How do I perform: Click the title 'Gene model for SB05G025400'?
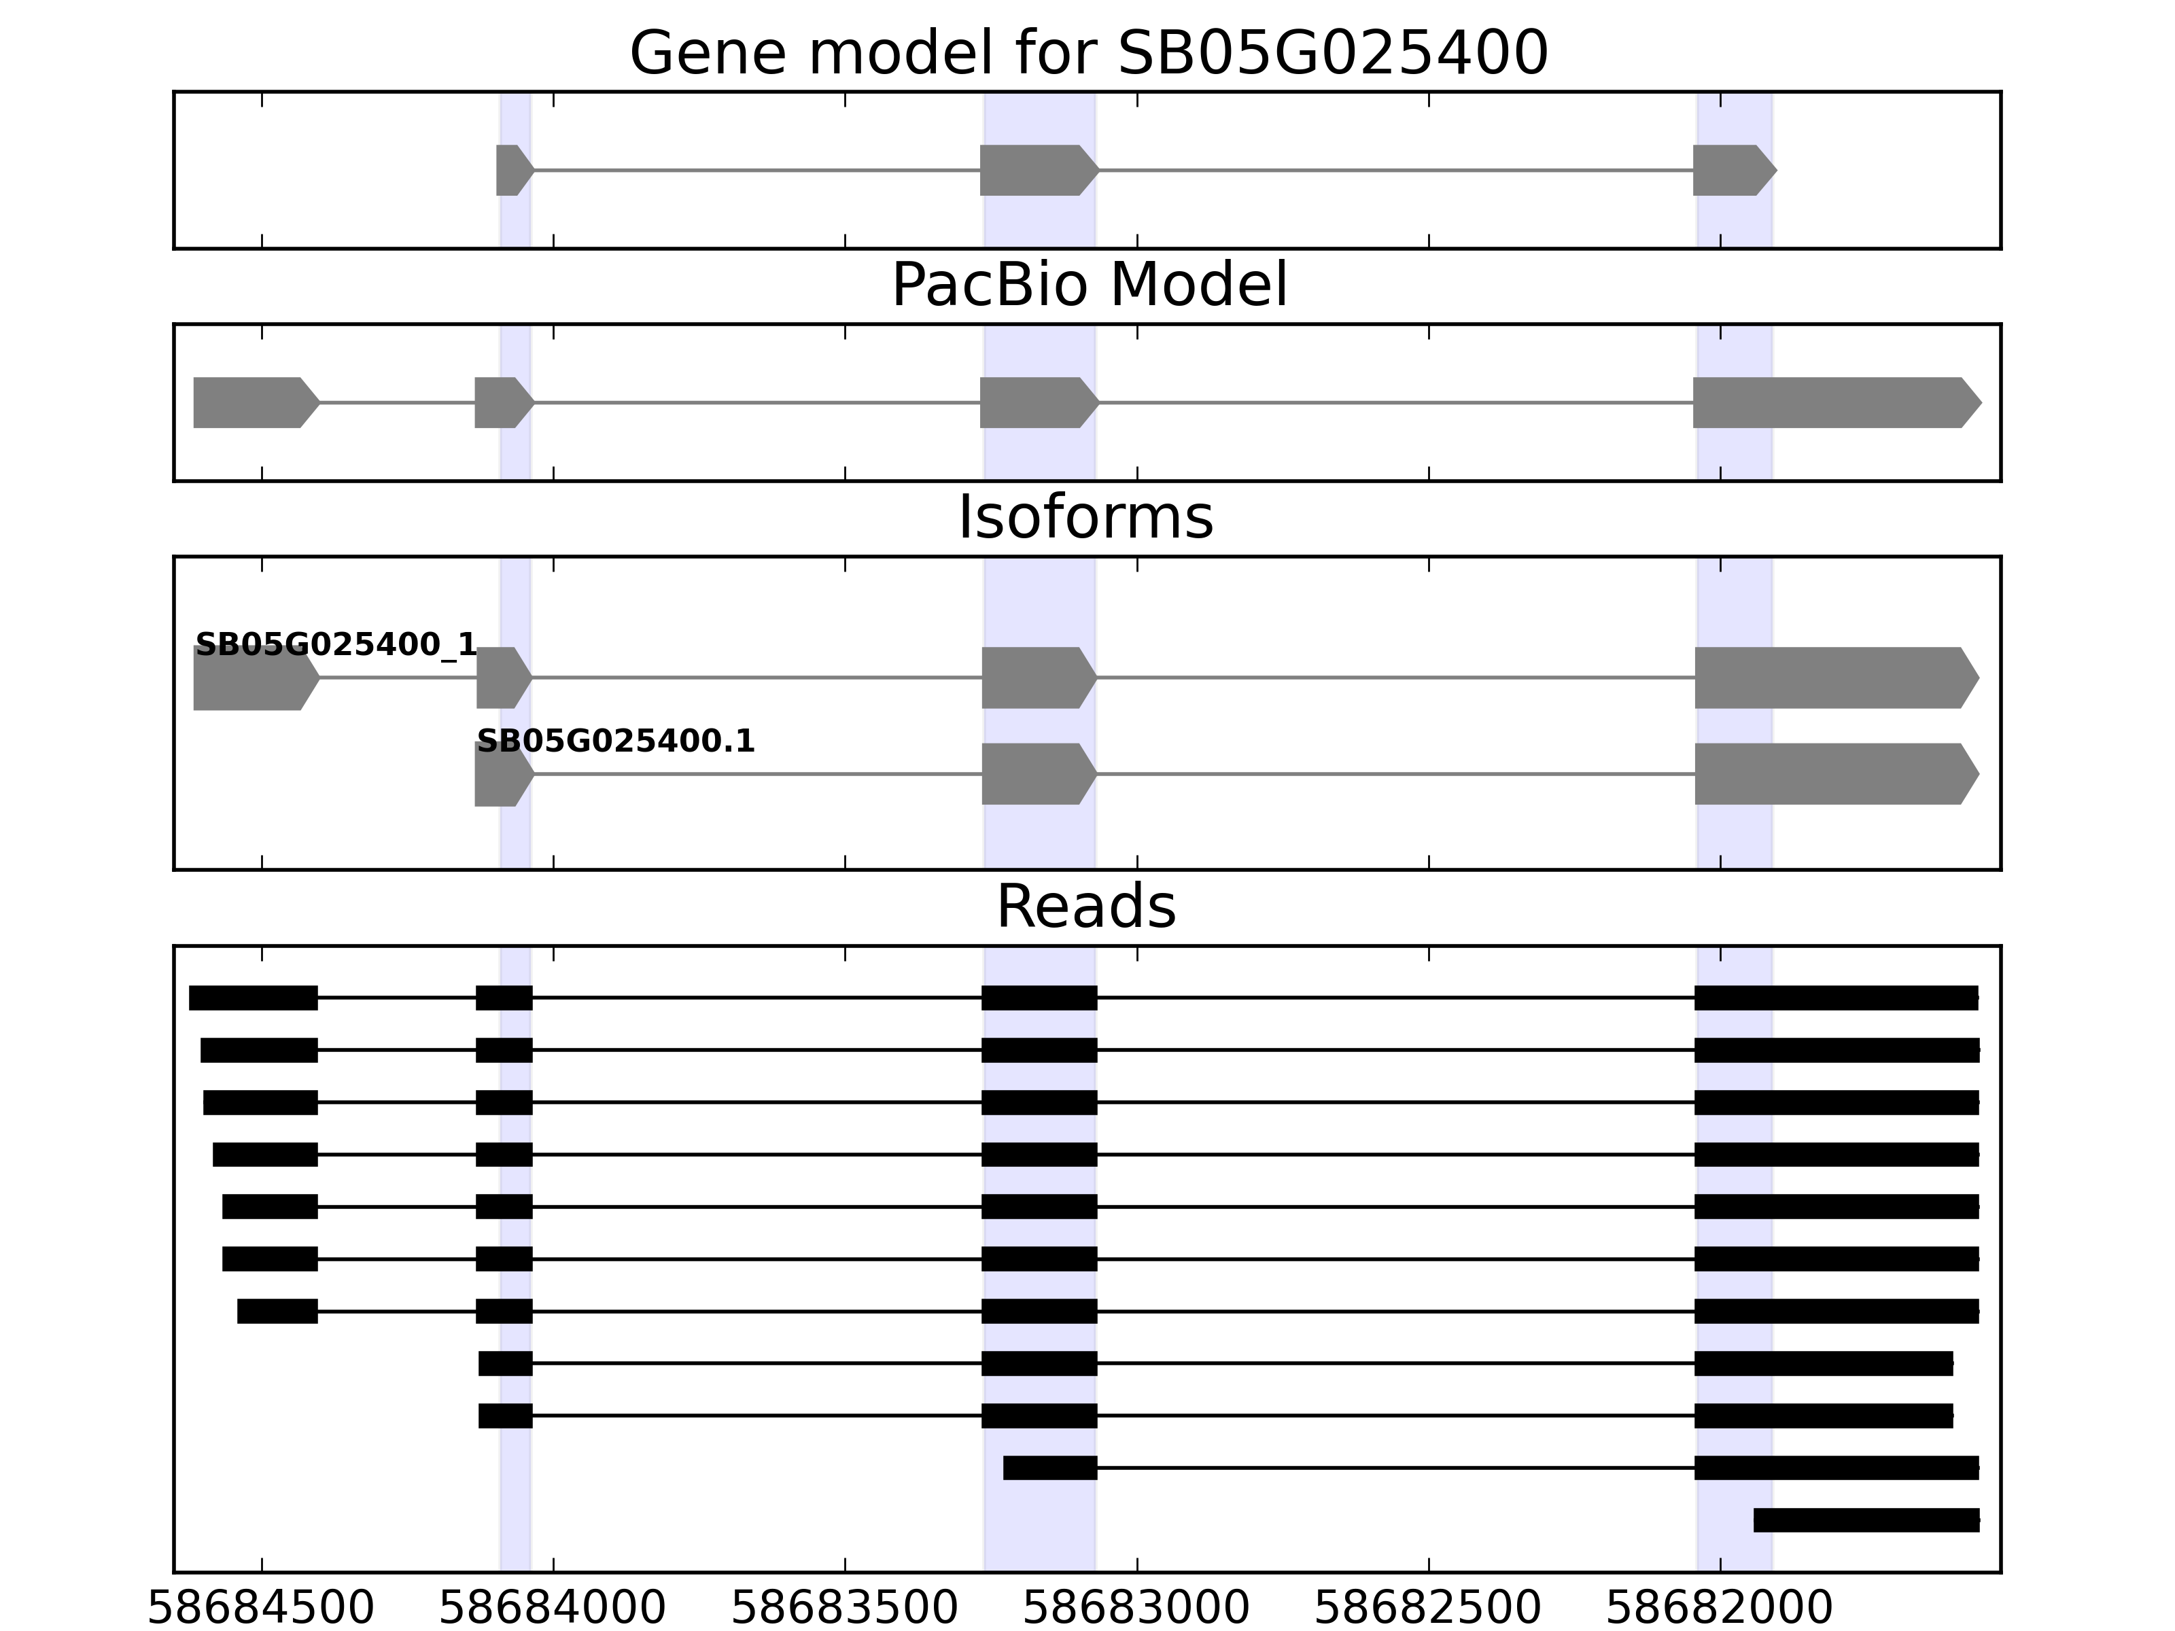coord(1087,53)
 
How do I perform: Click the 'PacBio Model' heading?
coord(1087,285)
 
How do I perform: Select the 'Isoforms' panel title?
coord(1085,517)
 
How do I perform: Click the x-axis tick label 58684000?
coord(553,1609)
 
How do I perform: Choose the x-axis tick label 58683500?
coord(845,1609)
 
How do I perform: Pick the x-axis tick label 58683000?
coord(1136,1609)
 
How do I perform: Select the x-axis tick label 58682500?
coord(1428,1609)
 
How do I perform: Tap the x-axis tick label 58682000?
coord(1720,1609)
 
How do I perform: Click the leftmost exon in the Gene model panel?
coord(512,170)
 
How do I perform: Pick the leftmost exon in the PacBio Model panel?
coord(254,402)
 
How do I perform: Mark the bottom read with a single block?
coord(1865,1520)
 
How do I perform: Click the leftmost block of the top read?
coord(253,997)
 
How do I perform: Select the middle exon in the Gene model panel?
coord(1037,170)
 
